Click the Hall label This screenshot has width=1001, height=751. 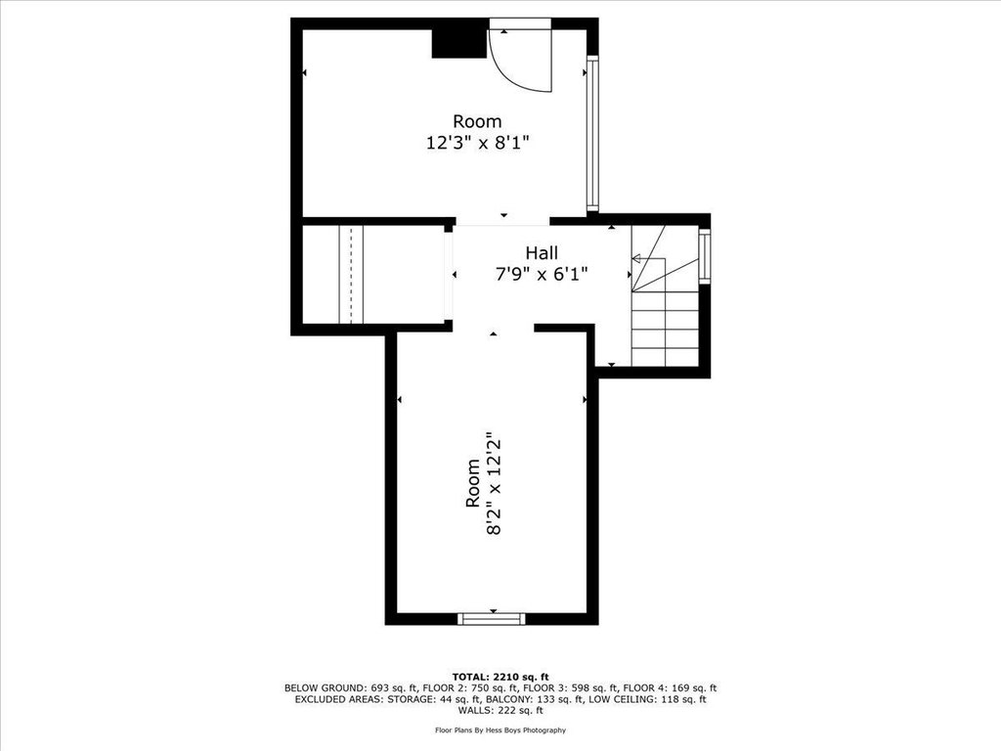542,252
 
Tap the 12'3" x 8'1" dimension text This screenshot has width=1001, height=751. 477,142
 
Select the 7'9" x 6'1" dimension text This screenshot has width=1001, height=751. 542,274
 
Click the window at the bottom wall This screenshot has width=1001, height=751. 492,619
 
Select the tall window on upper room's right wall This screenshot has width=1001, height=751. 592,134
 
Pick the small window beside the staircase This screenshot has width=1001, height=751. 704,257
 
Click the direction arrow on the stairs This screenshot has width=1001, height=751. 649,258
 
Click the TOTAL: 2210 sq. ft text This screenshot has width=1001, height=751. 500,677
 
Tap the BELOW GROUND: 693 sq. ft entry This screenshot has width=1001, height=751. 351,688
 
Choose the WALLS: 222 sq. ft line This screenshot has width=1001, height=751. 500,710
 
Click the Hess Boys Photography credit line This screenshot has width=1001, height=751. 500,729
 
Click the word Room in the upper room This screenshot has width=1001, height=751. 477,120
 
